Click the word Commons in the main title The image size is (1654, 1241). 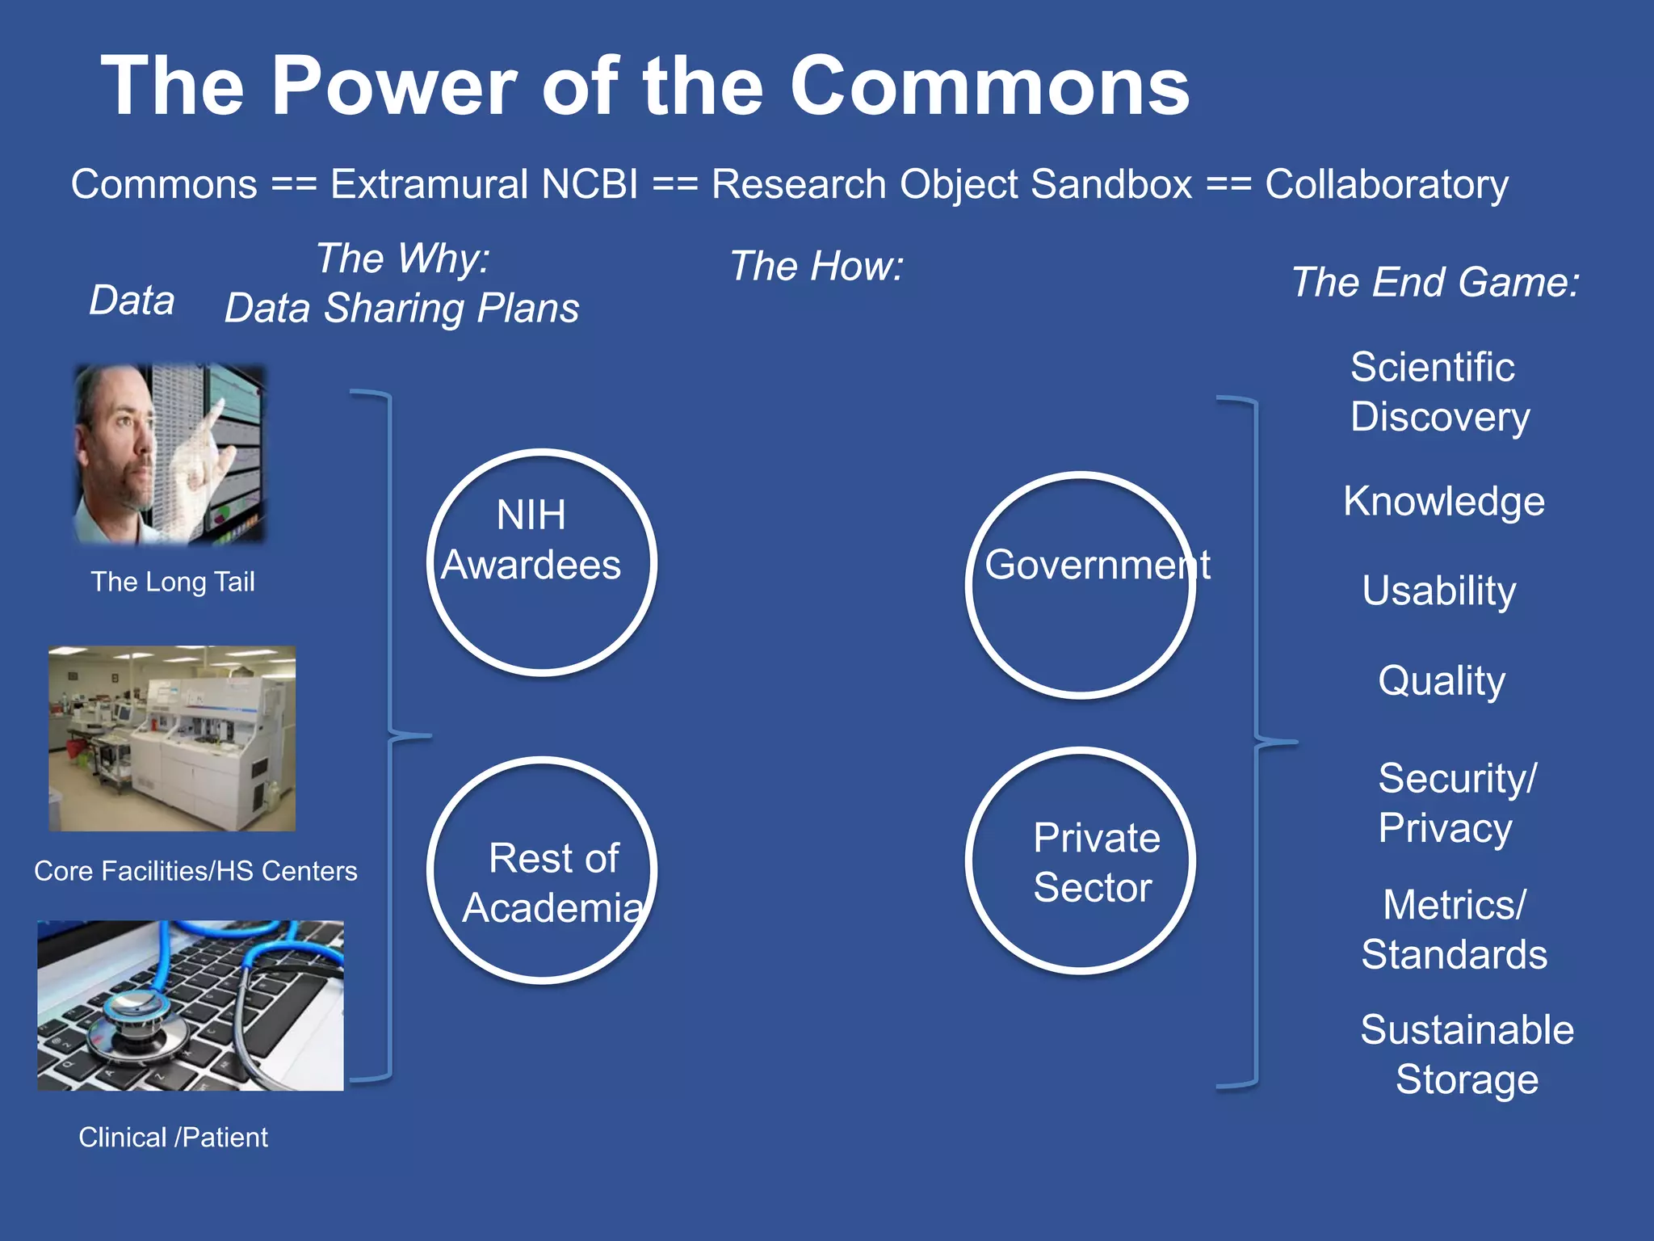989,87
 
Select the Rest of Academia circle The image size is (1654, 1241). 542,870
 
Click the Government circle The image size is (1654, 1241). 1080,584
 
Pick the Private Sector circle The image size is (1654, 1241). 1080,860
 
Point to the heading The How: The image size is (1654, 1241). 816,266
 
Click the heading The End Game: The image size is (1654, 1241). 1435,282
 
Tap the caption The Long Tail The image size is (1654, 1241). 173,582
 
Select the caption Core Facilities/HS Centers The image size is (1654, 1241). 195,871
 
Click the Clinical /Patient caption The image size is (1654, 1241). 173,1138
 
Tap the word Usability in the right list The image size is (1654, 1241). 1438,591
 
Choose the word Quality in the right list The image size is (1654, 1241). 1442,680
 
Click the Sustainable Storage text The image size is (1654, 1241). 1467,1054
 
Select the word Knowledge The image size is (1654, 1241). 1444,501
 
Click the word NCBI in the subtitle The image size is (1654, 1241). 590,184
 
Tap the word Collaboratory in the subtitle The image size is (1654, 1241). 1386,184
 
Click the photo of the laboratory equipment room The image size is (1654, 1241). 172,738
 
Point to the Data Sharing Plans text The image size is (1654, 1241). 401,308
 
